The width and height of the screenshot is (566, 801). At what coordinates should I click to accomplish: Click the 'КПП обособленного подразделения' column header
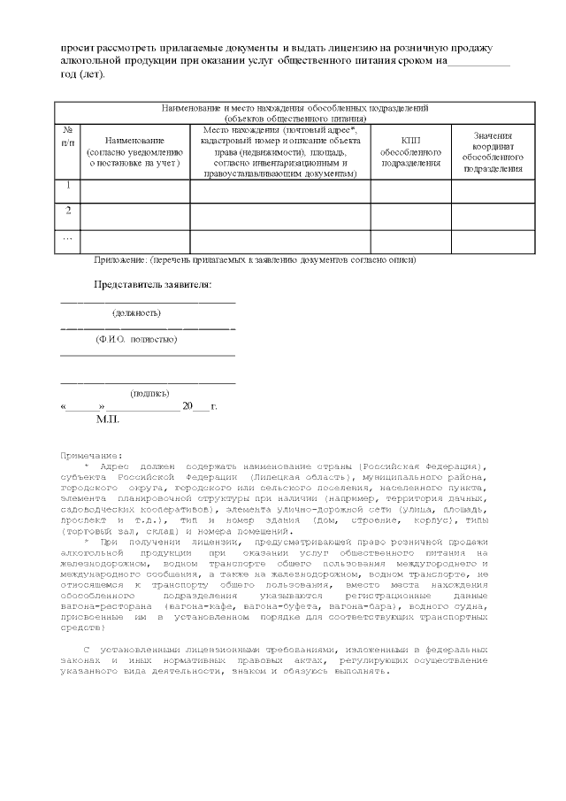pos(410,151)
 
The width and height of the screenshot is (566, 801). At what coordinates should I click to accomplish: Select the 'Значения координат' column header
pos(493,151)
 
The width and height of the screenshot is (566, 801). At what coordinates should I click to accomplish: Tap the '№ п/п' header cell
pos(67,136)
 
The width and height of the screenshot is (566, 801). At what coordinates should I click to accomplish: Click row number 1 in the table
pos(67,186)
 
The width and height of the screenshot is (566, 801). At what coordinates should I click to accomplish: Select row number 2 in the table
pos(67,211)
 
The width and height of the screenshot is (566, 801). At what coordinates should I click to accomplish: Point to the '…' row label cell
pos(67,237)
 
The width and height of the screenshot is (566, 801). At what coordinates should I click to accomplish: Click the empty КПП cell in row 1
pos(410,190)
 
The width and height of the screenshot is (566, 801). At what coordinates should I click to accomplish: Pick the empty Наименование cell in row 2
pos(134,216)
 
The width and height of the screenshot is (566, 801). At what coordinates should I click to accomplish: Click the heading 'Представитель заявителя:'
pos(153,285)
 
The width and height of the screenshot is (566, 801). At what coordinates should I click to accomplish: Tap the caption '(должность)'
pos(136,312)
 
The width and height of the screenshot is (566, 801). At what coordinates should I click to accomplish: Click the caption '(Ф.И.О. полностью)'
pos(136,339)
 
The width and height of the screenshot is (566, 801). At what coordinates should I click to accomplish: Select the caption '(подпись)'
pos(149,393)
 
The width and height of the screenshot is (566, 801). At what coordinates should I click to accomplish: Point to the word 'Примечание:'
pos(91,455)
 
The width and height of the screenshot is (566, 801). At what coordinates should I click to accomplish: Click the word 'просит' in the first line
pos(77,47)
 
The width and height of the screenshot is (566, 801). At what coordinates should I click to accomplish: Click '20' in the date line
pos(187,405)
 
